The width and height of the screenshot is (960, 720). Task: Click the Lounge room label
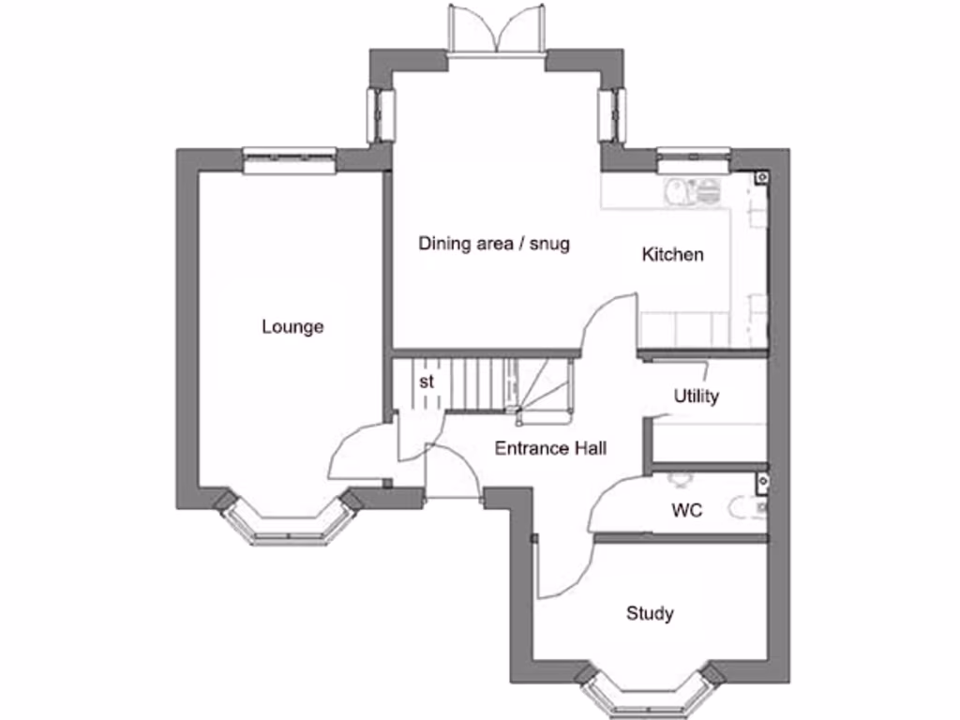(x=292, y=327)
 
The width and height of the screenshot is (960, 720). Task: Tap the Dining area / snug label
(x=494, y=244)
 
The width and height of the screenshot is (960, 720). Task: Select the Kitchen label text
(x=672, y=254)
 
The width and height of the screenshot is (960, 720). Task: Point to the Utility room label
(x=697, y=397)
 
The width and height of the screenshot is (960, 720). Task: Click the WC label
(x=686, y=511)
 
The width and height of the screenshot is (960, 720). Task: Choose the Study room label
(x=650, y=614)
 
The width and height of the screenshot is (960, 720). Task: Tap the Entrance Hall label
(x=550, y=448)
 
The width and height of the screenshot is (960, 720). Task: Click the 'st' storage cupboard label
(x=427, y=382)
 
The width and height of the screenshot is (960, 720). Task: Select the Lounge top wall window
(x=289, y=160)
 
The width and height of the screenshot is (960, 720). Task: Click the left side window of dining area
(x=381, y=114)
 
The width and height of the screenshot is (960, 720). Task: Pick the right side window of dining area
(x=612, y=114)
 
